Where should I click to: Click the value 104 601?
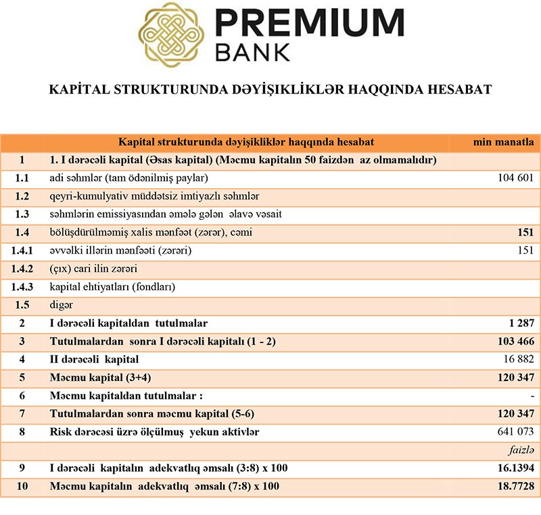(515, 178)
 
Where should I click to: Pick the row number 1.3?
(22, 215)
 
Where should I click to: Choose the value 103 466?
(515, 341)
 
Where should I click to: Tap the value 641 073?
(515, 432)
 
